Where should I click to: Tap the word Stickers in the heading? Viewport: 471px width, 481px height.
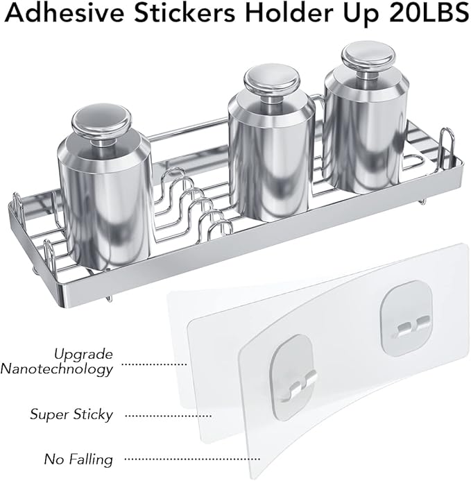click(x=185, y=13)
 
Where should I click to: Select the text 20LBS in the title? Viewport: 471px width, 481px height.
click(x=429, y=13)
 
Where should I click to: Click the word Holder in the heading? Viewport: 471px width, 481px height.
click(x=289, y=13)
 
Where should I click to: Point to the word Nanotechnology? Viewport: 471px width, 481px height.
click(x=56, y=369)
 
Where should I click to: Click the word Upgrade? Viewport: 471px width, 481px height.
click(x=83, y=355)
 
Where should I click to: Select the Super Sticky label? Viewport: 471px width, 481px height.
click(x=71, y=415)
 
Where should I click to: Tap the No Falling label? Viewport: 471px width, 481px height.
click(x=78, y=460)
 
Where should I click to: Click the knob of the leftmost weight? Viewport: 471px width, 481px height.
click(x=101, y=121)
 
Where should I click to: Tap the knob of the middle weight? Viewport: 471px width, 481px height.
click(x=272, y=81)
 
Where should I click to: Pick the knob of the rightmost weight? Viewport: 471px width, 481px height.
click(x=368, y=57)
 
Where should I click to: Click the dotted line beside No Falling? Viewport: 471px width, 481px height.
click(x=193, y=459)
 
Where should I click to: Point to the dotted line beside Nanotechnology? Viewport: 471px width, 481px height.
click(x=154, y=364)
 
